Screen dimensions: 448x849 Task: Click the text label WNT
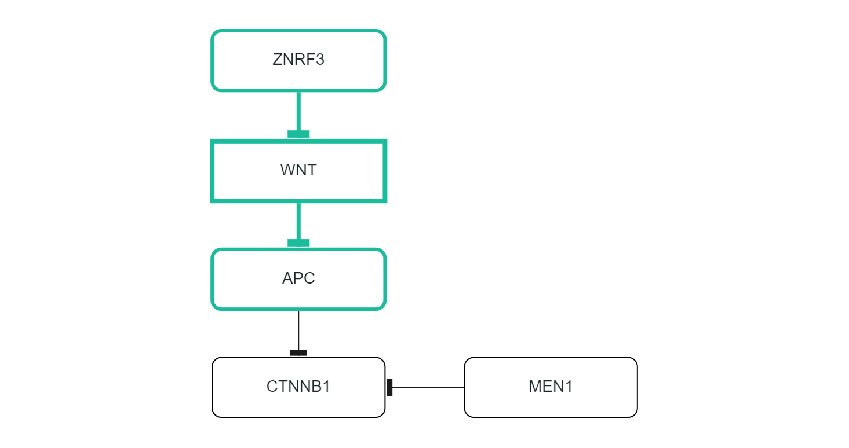pyautogui.click(x=298, y=170)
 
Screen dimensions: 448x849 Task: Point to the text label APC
pyautogui.click(x=298, y=278)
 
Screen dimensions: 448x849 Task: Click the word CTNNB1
pyautogui.click(x=298, y=387)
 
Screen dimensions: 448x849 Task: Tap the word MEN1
pyautogui.click(x=551, y=387)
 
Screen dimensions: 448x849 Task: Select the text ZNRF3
pyautogui.click(x=298, y=60)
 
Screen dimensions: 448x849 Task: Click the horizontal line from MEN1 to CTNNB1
pyautogui.click(x=429, y=387)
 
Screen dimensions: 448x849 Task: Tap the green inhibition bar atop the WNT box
pyautogui.click(x=298, y=134)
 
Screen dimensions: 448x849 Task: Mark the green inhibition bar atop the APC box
pyautogui.click(x=298, y=243)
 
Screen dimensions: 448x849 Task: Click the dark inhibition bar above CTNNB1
pyautogui.click(x=298, y=352)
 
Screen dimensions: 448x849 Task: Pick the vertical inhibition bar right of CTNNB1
pyautogui.click(x=390, y=387)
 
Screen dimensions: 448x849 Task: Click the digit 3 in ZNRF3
pyautogui.click(x=320, y=60)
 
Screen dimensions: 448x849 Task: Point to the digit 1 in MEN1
pyautogui.click(x=569, y=387)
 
